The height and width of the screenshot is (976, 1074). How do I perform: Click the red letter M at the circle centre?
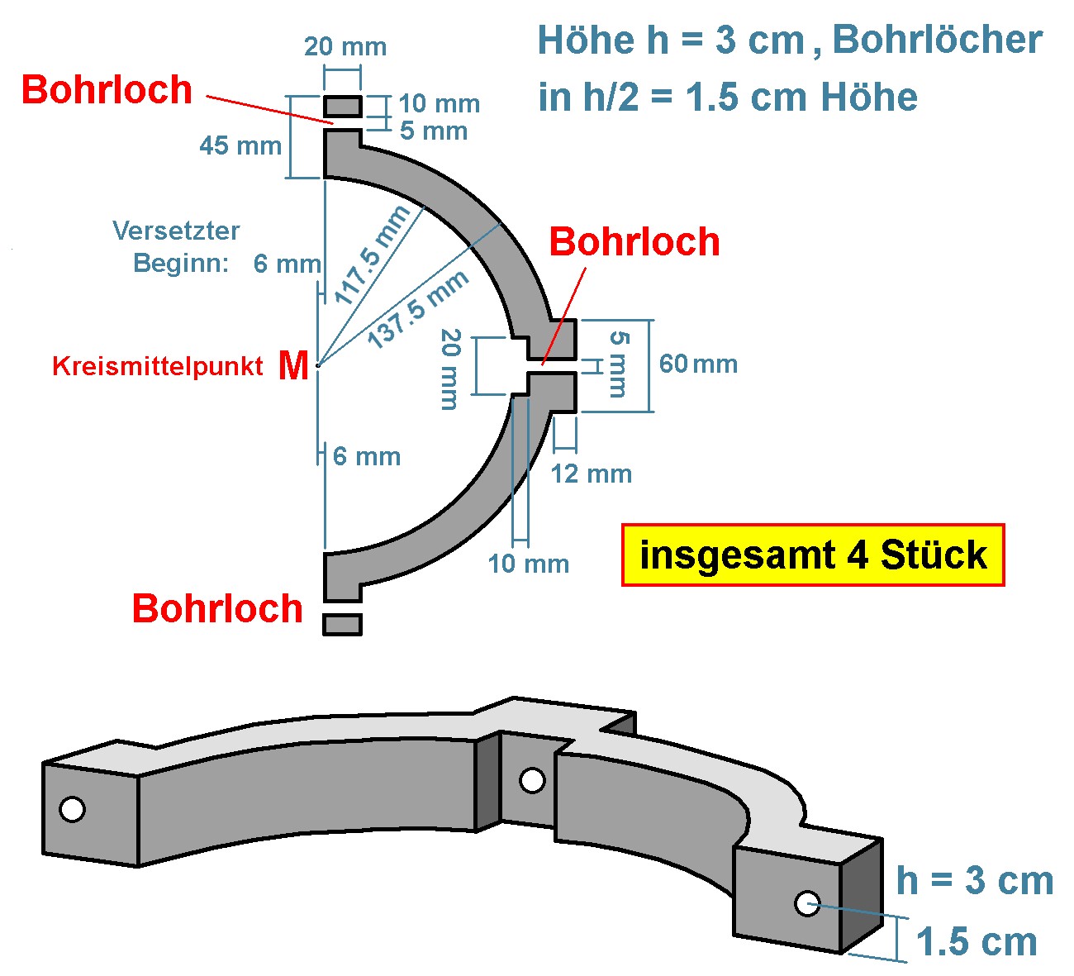tap(293, 365)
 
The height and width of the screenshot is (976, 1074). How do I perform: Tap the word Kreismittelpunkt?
tap(157, 366)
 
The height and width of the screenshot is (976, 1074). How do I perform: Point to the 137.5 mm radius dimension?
tap(417, 308)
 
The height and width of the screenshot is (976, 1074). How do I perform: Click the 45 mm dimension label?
tap(240, 146)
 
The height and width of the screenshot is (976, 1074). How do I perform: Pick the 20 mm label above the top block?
tap(345, 46)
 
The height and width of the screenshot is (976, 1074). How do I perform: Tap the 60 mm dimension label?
tap(698, 364)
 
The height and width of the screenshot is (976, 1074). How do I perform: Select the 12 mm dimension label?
tap(592, 474)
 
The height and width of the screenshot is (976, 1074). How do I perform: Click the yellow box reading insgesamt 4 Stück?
tap(813, 555)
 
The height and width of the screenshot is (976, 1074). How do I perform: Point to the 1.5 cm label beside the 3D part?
tap(977, 942)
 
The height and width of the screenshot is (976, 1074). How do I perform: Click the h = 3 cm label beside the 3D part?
tap(975, 881)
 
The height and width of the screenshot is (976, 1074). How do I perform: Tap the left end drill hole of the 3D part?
tap(73, 809)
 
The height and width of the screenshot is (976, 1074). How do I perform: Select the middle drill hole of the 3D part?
tap(532, 779)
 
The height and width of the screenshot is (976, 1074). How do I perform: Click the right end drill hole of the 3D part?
tap(806, 903)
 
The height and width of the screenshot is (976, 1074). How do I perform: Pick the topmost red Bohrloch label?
tap(107, 89)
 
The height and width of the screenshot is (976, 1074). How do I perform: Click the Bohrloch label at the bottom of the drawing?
tap(217, 608)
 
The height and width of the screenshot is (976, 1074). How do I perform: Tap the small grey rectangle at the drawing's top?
tap(342, 107)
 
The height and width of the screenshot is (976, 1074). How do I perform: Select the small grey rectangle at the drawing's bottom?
tap(342, 624)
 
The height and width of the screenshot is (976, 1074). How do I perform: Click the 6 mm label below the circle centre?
tap(367, 456)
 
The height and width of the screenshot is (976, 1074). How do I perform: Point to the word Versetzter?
tap(176, 231)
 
